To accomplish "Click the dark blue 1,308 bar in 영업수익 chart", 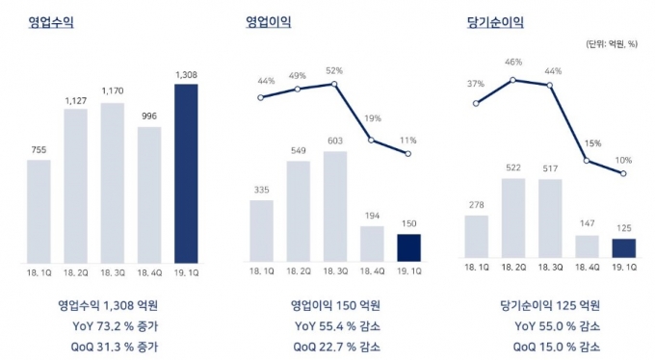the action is coord(186,173).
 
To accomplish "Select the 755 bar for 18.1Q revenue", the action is coord(39,212).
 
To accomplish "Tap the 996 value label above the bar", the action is coord(149,116).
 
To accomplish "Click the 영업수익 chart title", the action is coord(51,22).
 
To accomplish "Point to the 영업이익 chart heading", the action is coord(268,22).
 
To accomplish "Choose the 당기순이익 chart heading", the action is coord(495,22).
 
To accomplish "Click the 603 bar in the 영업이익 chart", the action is coord(335,206).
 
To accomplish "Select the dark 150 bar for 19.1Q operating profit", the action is coord(409,248).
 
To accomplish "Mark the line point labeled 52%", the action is coord(334,85).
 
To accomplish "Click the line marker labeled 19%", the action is coord(372,141).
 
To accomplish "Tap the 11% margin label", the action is coord(407,141).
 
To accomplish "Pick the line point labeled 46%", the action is coord(513,80).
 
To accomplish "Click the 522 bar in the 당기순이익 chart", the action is coord(513,218).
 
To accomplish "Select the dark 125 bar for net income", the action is coord(624,248).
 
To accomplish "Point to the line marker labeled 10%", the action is coord(623,173).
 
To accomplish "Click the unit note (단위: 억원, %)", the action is coord(612,44).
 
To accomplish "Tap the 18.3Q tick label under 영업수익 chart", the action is coord(113,273).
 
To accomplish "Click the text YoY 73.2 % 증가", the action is coord(115,325).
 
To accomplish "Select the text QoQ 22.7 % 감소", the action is coord(337,347).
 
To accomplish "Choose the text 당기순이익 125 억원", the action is coord(550,305).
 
